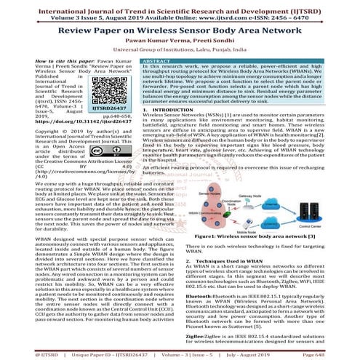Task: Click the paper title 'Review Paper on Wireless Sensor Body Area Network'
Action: coord(180,31)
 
